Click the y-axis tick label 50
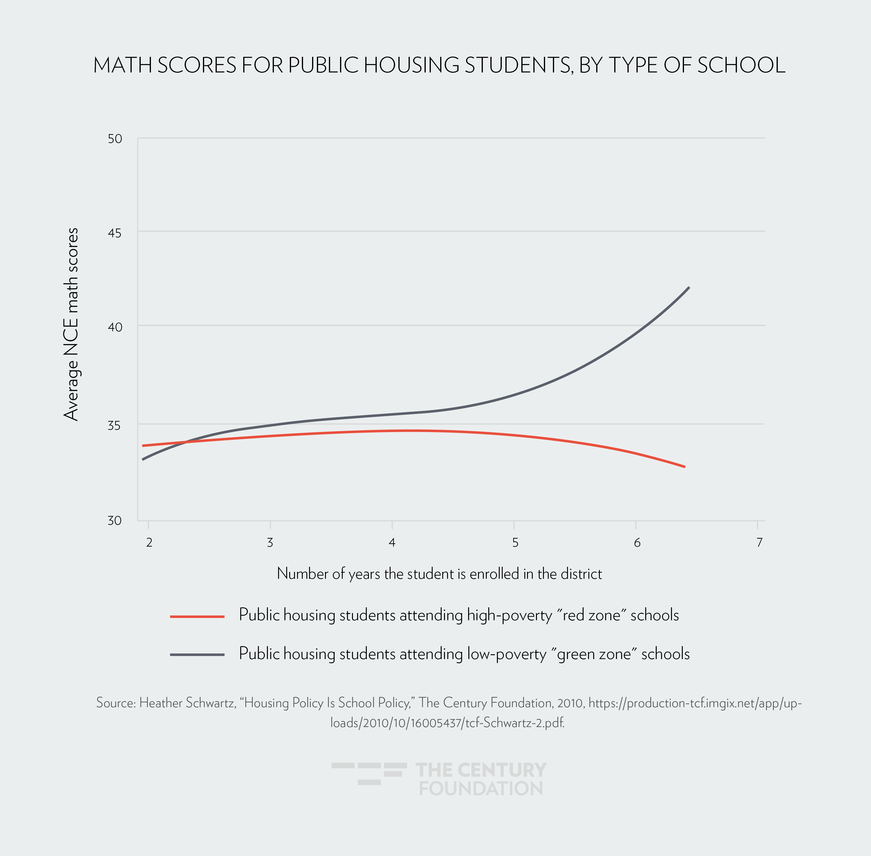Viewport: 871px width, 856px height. (x=115, y=139)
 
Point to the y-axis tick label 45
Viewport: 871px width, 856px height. (x=115, y=233)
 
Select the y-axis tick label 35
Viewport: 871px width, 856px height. (x=115, y=425)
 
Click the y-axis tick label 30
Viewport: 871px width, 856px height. (x=115, y=521)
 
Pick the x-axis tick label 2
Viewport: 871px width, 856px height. (x=149, y=543)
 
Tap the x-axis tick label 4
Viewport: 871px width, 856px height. (x=392, y=543)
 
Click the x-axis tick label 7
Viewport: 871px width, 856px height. (x=759, y=543)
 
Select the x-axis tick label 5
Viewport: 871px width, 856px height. (x=515, y=543)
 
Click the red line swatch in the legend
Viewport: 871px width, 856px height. (x=197, y=616)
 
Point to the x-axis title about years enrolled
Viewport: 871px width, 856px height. (x=439, y=574)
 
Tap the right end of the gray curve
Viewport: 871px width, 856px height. (x=689, y=287)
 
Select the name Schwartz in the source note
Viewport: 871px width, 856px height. (x=210, y=703)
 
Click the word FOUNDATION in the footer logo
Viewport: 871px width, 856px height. (x=481, y=789)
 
